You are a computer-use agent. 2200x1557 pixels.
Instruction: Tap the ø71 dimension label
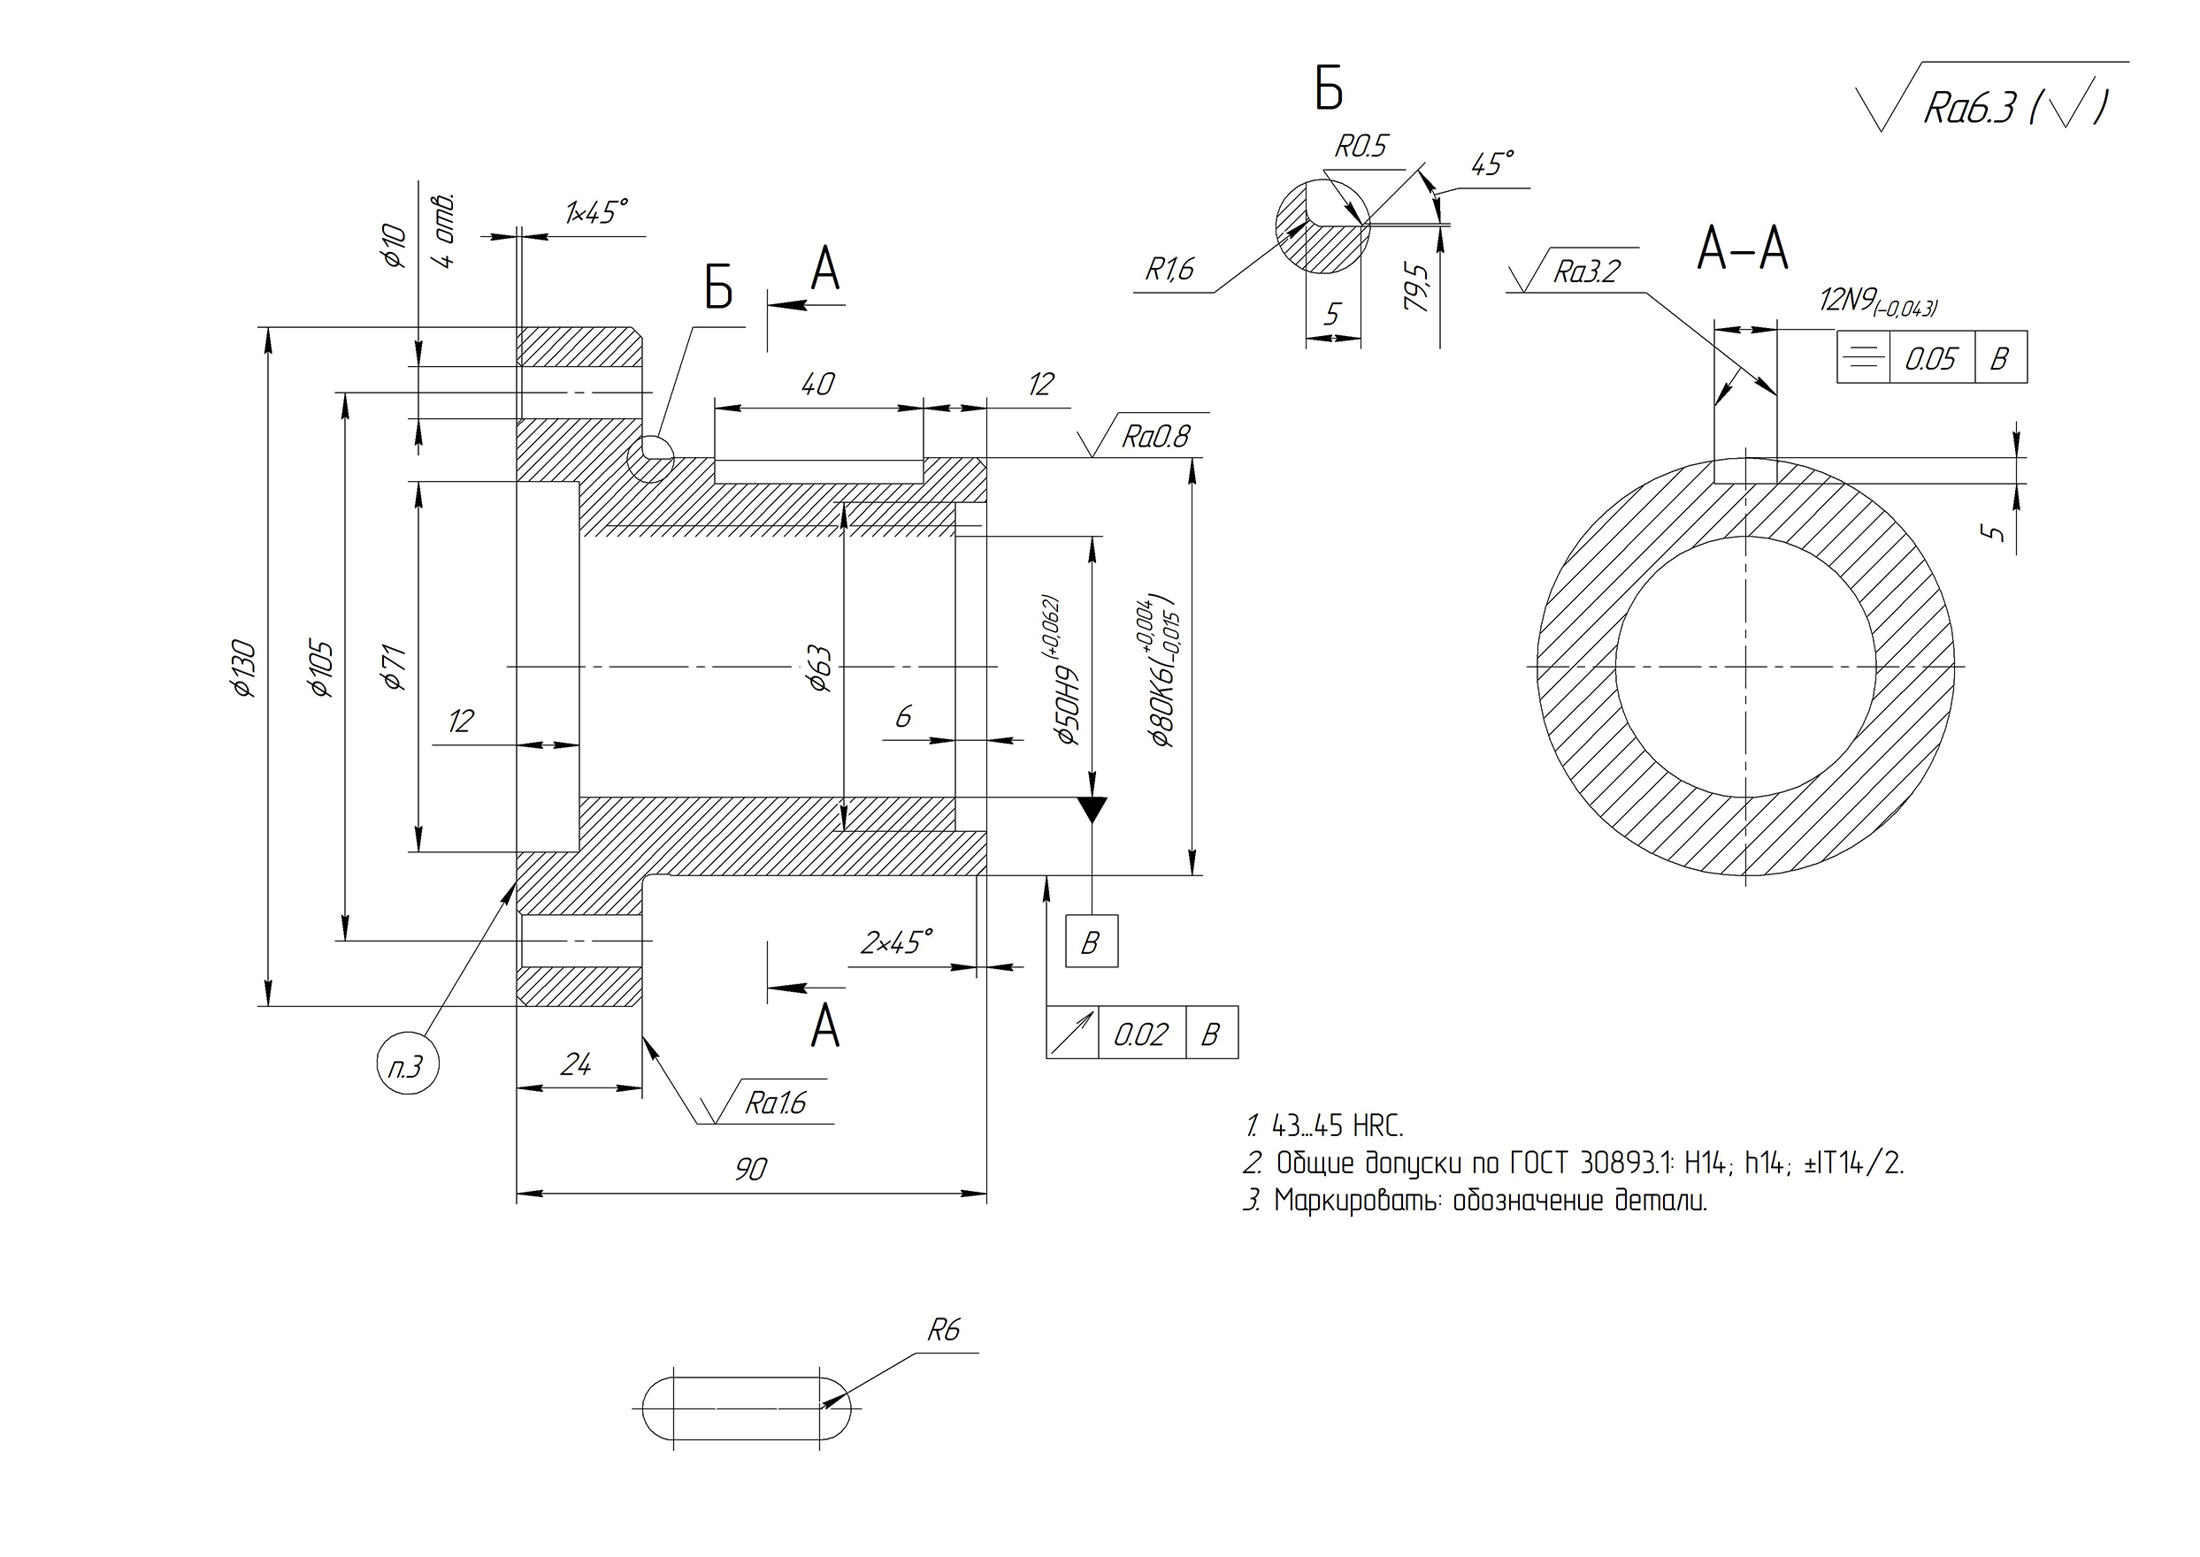(395, 668)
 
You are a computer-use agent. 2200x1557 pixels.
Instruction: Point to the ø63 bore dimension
(820, 668)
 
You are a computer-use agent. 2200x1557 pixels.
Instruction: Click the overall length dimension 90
(751, 1169)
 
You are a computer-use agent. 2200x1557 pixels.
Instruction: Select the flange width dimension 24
(575, 1065)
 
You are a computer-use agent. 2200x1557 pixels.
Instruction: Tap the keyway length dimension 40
(817, 385)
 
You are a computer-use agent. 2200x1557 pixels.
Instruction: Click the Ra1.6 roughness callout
(775, 1104)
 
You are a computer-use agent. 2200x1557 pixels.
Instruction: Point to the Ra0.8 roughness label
(1154, 437)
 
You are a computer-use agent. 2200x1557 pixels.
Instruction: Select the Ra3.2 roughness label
(1585, 272)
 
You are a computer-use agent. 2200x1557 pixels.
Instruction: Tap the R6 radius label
(943, 1330)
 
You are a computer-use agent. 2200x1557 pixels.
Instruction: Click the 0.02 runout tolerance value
(1140, 1034)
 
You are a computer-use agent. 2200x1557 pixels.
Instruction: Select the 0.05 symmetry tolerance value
(1930, 360)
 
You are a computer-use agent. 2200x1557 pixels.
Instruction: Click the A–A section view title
(1742, 249)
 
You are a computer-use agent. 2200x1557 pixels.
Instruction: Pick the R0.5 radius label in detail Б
(1361, 147)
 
